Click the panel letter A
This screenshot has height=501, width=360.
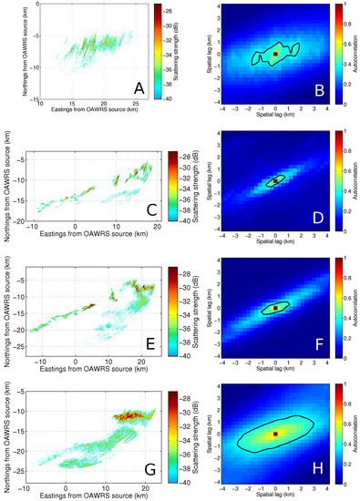coord(139,88)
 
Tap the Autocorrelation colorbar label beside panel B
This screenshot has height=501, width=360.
coord(355,55)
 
